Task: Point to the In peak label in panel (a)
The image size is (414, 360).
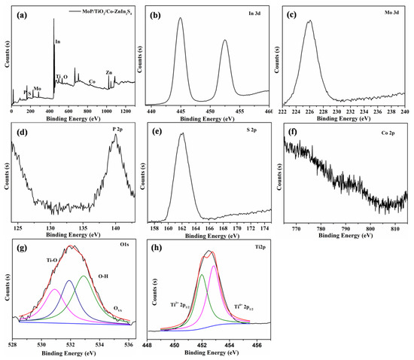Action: point(58,41)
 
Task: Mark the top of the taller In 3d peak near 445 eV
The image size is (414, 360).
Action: point(180,19)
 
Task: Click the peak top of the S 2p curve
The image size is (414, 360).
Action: point(181,135)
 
